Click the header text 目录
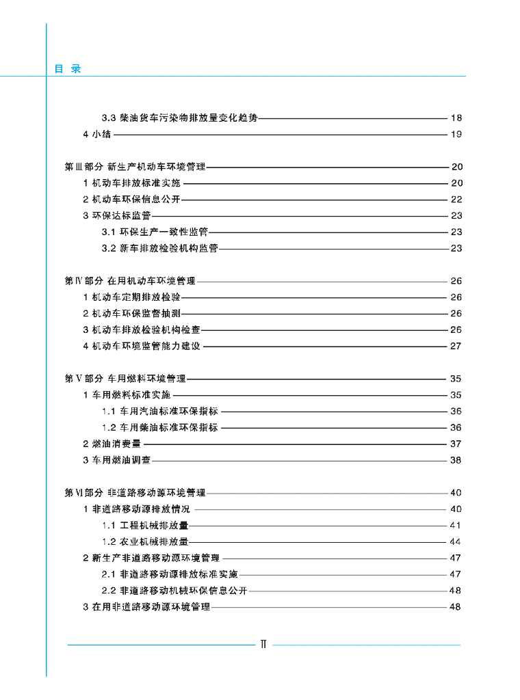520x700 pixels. click(68, 69)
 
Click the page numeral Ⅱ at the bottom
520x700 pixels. click(263, 644)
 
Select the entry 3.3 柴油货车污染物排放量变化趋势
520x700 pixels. click(179, 118)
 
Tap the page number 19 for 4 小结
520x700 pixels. click(456, 134)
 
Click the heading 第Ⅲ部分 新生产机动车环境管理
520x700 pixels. click(135, 167)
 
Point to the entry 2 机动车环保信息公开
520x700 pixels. click(131, 200)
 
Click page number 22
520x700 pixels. click(456, 200)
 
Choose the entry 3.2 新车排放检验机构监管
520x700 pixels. click(159, 249)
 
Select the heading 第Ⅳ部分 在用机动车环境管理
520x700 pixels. click(130, 281)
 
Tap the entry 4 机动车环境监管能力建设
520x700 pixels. click(142, 347)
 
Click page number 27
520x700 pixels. click(456, 347)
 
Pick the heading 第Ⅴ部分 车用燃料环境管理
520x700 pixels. click(125, 379)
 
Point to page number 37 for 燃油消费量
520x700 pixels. click(456, 444)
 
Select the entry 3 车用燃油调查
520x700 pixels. click(117, 461)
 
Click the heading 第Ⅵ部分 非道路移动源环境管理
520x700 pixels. click(135, 493)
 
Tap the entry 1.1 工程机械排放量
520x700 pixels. click(145, 526)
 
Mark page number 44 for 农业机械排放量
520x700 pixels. click(456, 542)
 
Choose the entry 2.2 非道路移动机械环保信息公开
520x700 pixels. click(174, 591)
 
